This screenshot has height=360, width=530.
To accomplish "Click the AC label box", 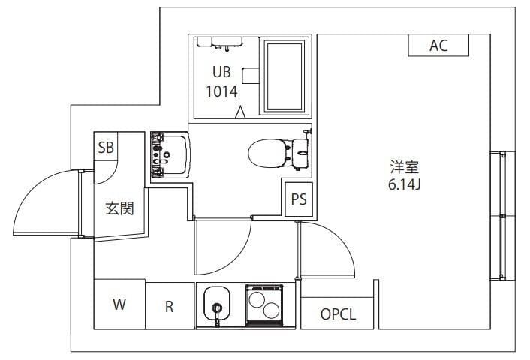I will [438, 46].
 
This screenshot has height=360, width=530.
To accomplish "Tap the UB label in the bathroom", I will [221, 73].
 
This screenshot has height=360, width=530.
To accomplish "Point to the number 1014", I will [221, 91].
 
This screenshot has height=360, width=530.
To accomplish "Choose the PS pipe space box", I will [299, 200].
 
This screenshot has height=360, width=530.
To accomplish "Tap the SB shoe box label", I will [106, 147].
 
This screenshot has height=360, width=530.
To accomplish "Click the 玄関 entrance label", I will [119, 208].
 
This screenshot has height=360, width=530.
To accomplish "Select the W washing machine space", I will [119, 304].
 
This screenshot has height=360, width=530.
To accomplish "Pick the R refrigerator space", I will [170, 305].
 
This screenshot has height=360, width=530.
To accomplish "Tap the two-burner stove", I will [263, 304].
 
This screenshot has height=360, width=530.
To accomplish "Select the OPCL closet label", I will [338, 314].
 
